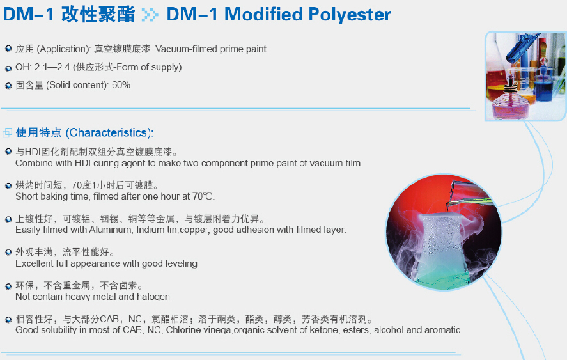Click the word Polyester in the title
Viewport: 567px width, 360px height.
[x=349, y=15]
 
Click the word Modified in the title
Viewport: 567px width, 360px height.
[x=263, y=14]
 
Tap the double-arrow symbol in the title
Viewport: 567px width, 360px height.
[x=150, y=15]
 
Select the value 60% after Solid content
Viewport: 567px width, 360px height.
[x=121, y=85]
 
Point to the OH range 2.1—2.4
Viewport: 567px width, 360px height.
[x=52, y=67]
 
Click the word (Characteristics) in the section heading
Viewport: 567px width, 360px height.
[x=109, y=133]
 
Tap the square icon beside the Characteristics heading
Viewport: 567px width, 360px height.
[x=7, y=133]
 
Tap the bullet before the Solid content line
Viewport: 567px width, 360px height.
[x=8, y=86]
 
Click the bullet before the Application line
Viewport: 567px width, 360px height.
[x=8, y=49]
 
